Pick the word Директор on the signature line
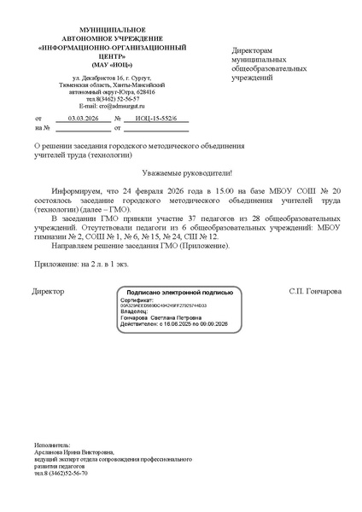tap(48, 292)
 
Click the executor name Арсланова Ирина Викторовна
tap(74, 452)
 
